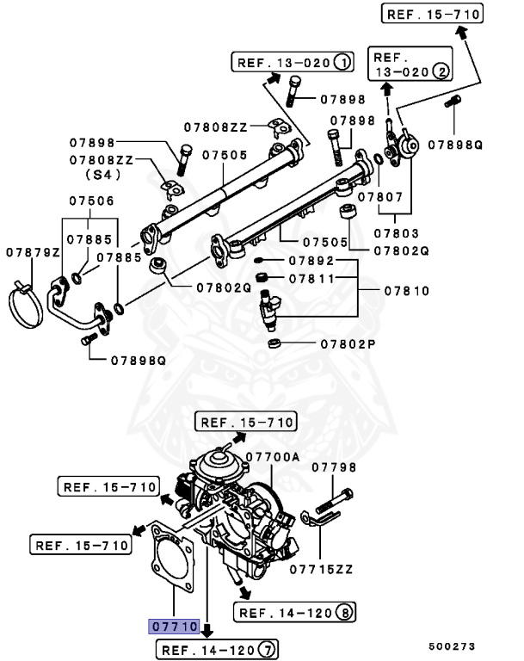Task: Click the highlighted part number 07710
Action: (x=175, y=627)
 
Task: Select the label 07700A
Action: (x=272, y=457)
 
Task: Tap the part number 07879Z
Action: (x=33, y=252)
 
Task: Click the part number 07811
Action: (x=311, y=279)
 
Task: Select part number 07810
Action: (x=406, y=291)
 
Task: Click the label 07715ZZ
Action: (x=322, y=569)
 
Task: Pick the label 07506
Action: (x=90, y=201)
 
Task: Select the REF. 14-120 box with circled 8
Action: (x=295, y=612)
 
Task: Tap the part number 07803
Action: (x=396, y=232)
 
